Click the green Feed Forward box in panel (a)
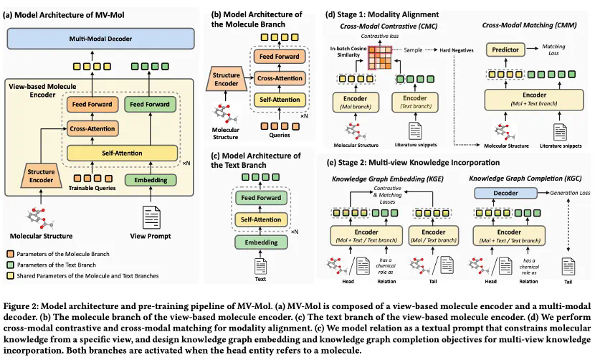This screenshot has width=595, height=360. coord(150,104)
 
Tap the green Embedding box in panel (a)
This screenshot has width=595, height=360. coord(150,179)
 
